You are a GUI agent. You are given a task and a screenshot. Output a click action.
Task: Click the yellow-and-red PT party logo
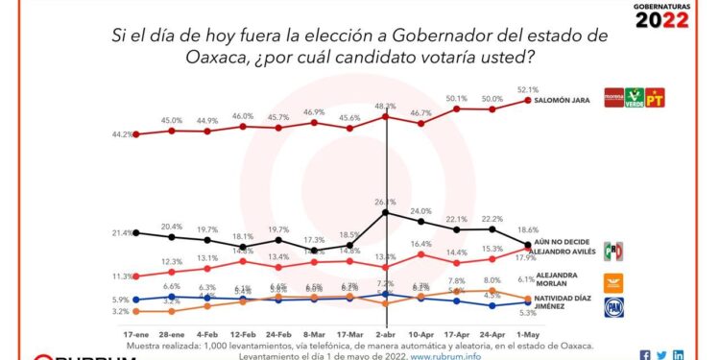[x=658, y=98]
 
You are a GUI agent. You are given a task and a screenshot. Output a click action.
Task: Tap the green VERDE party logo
[x=635, y=98]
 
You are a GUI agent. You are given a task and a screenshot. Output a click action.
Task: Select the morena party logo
[x=612, y=98]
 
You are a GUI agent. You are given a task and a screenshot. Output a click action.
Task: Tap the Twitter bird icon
[x=661, y=355]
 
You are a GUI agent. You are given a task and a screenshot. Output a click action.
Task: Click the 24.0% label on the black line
[x=420, y=210]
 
